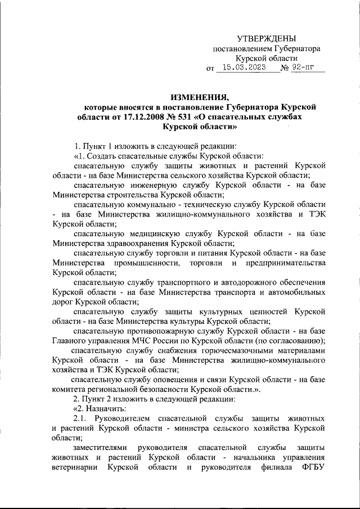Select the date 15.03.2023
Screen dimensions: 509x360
(x=243, y=69)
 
